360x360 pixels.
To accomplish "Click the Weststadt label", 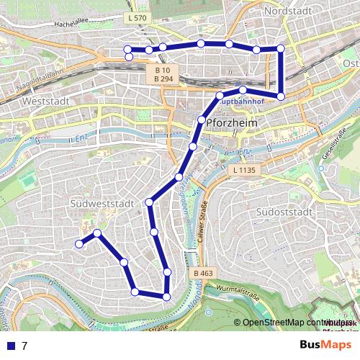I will pos(45,102).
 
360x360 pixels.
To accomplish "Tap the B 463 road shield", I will pos(203,274).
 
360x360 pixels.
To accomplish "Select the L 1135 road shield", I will pos(243,170).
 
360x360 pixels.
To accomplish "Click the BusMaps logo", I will pos(327,345).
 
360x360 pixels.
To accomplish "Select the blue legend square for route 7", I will pos(9,346).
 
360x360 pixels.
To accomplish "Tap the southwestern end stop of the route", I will pos(79,243).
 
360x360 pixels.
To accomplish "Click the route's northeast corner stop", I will pos(281,48).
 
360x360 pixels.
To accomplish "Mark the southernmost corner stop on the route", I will pos(166,296).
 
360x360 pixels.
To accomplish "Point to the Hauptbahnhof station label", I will pos(238,102).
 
